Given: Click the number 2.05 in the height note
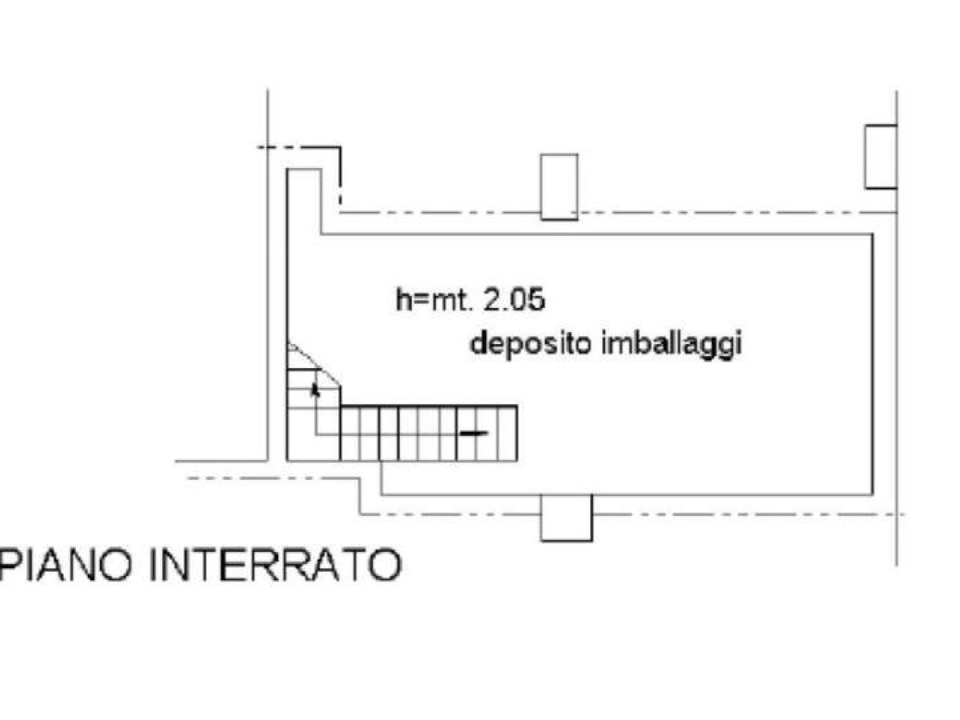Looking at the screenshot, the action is (514, 300).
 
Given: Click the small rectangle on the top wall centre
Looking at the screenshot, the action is (559, 186).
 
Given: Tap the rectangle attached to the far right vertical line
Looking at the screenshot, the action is (882, 157).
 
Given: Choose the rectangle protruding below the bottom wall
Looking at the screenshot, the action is (566, 518).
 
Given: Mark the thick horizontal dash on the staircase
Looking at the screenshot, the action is (474, 434).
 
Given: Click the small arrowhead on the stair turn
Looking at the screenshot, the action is (315, 390).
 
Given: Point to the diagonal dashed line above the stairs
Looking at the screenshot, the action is (314, 365).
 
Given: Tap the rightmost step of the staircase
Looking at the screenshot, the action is (508, 434).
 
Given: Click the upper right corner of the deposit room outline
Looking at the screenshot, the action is (874, 234).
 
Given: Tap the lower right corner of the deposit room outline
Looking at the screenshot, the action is (874, 495).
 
